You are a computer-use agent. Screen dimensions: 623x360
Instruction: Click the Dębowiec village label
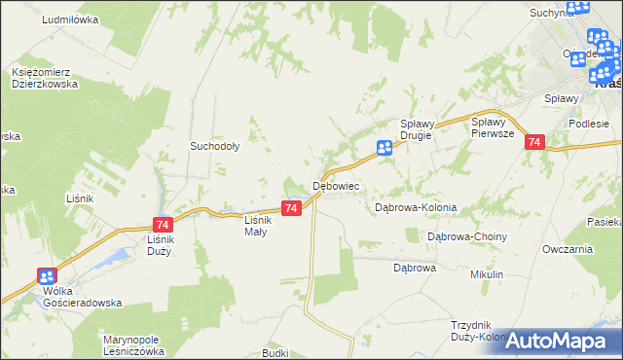tap(337, 185)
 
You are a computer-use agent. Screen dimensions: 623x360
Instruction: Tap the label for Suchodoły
tap(215, 147)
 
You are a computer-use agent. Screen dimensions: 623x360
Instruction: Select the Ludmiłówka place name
tap(71, 19)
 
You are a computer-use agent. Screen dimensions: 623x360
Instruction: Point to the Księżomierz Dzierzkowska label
tap(46, 78)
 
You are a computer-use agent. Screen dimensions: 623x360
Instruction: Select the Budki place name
tap(275, 352)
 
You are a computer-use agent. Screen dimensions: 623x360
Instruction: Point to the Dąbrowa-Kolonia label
tap(416, 208)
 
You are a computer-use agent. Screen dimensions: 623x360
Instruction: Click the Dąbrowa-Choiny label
tap(468, 236)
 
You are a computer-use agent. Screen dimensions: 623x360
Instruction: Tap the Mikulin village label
tap(486, 275)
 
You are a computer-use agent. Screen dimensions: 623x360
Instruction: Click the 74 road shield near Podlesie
tap(533, 142)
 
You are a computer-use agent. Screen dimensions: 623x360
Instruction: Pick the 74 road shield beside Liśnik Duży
tap(163, 224)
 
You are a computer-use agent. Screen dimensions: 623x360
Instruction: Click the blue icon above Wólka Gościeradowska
tap(46, 275)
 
